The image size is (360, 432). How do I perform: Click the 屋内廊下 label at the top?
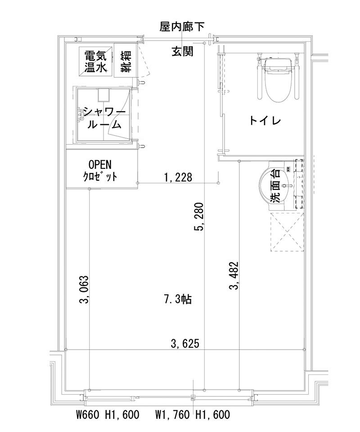pyautogui.click(x=182, y=27)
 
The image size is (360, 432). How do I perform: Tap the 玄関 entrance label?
pyautogui.click(x=182, y=52)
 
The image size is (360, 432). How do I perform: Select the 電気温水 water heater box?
pyautogui.click(x=95, y=62)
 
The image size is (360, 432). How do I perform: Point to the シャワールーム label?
pyautogui.click(x=104, y=118)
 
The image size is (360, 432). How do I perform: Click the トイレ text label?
pyautogui.click(x=265, y=121)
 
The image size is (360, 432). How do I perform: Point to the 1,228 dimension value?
pyautogui.click(x=178, y=177)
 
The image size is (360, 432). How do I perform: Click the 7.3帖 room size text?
pyautogui.click(x=178, y=299)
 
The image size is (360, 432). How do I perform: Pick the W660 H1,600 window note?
pyautogui.click(x=107, y=414)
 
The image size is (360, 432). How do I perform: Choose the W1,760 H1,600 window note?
pyautogui.click(x=193, y=414)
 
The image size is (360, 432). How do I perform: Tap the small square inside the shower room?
pyautogui.click(x=104, y=95)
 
